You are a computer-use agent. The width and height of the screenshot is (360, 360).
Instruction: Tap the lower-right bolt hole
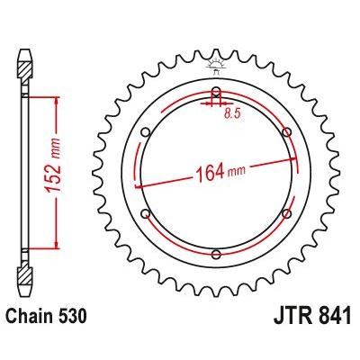(286, 212)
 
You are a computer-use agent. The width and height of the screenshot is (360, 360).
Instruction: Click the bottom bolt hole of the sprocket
(216, 254)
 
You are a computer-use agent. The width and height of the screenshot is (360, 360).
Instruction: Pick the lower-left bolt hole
(146, 212)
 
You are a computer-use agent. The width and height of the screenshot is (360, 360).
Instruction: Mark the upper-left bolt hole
(146, 131)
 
